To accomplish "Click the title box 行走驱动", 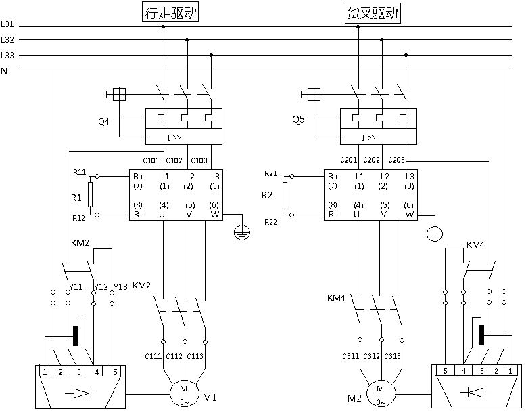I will pos(170,14).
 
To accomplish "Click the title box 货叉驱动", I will pos(373,14).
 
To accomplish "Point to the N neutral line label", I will pos(5,70).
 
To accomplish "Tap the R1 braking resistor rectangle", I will pos(90,194).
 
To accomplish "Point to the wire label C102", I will pos(174,160).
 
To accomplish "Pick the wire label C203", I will pos(397,160).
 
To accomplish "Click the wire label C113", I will pos(195,356).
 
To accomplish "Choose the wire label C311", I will pos(350,356).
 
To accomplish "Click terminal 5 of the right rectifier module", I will pos(446,370).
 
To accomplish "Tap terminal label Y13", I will pos(120,287).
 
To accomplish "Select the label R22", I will pos(270,222).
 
